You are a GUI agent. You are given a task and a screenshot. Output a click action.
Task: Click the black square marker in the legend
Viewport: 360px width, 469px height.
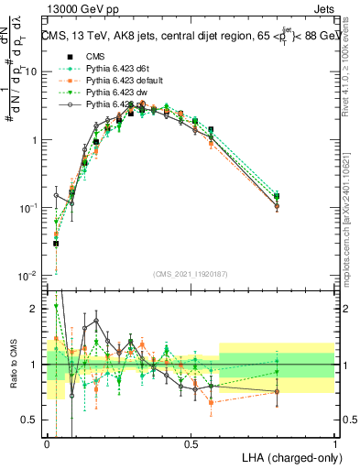(x=71, y=57)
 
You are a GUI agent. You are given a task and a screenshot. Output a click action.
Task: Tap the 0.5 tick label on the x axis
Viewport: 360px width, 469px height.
(x=191, y=443)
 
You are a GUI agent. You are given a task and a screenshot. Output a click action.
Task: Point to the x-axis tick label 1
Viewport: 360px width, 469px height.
(x=334, y=443)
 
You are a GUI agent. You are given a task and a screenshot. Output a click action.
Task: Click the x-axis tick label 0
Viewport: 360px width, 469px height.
(x=48, y=443)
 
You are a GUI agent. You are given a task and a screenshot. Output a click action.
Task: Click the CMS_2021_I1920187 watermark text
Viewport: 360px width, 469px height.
(x=191, y=273)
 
